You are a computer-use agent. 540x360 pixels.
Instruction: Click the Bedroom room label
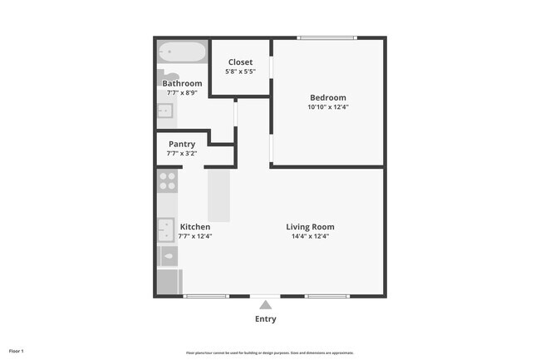[327, 97]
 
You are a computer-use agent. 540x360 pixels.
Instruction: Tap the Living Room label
[310, 227]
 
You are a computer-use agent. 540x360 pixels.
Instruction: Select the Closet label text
[240, 62]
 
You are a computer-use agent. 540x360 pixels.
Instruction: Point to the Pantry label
[182, 144]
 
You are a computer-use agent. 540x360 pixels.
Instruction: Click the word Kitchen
[195, 227]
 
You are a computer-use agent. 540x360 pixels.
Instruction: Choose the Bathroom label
[182, 83]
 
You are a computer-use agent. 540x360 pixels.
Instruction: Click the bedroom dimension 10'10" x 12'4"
[327, 106]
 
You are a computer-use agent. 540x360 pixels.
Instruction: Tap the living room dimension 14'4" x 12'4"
[310, 236]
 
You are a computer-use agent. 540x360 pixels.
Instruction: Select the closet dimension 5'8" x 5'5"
[240, 72]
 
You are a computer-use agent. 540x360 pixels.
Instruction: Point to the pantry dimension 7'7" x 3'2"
[182, 153]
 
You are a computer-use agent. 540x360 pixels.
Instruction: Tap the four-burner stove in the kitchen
[168, 181]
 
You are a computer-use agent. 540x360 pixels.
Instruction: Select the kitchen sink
[166, 228]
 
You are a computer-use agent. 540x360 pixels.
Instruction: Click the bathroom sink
[164, 109]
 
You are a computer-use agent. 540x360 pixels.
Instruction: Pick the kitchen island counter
[218, 195]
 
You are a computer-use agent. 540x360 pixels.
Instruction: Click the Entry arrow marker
[266, 305]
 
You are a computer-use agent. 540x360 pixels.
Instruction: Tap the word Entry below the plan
[266, 319]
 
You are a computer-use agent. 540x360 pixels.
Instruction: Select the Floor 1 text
[17, 352]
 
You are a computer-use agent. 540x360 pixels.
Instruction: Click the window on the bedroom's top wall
[327, 37]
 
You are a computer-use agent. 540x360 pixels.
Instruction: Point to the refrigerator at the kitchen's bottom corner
[169, 283]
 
